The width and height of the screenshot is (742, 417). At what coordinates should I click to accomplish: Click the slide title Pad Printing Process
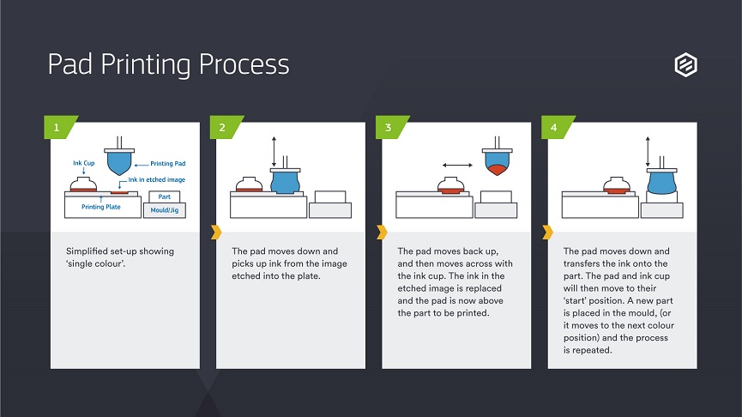coord(168,65)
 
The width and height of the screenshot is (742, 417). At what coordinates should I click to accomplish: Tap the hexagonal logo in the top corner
coord(685,64)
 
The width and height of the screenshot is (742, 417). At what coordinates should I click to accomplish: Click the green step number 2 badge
coord(226,127)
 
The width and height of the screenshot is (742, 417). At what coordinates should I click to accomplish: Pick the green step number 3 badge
coord(392,127)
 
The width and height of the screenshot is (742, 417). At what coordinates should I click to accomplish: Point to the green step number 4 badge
coord(558,127)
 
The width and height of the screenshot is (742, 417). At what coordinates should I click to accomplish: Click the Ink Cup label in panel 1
coord(84,163)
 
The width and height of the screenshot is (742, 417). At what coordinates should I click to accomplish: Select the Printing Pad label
coord(168,163)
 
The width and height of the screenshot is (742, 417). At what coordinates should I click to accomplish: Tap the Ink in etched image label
coord(157,179)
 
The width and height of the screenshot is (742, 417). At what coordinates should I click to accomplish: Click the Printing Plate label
coord(101,207)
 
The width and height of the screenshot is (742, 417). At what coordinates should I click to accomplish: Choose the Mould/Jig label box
coord(165,210)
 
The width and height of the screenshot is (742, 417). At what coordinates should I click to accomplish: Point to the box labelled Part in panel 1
coord(164,196)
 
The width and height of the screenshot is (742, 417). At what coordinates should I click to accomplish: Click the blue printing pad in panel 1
coord(119,161)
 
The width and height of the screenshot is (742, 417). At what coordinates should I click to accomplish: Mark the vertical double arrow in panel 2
coord(274,152)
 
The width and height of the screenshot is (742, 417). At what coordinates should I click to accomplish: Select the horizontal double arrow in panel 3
coord(457,166)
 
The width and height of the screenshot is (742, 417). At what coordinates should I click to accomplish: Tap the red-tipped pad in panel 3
coord(497,162)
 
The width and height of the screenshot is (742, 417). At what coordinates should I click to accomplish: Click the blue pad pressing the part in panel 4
coord(661,182)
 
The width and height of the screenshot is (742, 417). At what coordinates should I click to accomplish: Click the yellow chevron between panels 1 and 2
coord(216,232)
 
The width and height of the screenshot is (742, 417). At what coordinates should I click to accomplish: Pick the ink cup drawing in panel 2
coord(249,184)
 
